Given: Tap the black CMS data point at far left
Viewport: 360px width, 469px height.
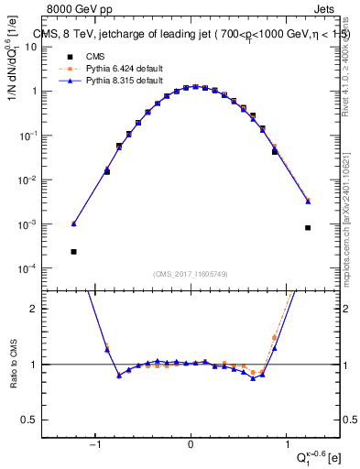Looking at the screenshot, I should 73,251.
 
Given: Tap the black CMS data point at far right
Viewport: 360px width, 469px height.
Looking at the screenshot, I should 308,227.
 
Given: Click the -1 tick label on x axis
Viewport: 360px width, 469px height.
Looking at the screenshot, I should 94,446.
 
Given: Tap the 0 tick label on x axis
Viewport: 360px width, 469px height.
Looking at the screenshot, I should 191,446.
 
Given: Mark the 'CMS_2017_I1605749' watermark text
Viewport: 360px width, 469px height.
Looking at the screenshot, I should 190,274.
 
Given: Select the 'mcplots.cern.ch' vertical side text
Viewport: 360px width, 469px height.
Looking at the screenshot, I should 351,220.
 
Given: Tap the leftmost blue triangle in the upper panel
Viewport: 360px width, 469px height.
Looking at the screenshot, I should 74,224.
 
